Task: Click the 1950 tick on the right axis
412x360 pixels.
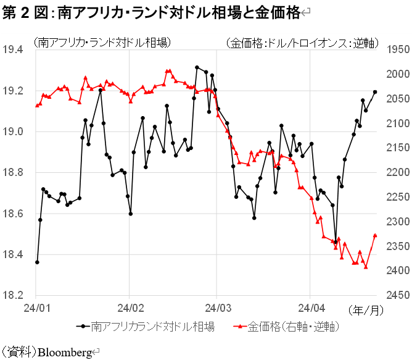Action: [397, 49]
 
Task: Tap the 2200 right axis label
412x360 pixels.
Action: [397, 172]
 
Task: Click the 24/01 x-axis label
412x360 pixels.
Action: [36, 307]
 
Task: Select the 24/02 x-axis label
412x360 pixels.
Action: [129, 307]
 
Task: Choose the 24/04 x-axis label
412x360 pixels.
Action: [311, 307]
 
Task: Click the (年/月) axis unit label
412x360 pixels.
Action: [363, 308]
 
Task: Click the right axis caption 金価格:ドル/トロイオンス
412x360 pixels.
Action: [302, 43]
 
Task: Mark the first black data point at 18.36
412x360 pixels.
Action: [37, 262]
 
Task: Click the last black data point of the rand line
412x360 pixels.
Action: [375, 92]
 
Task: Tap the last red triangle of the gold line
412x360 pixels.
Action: [375, 235]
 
